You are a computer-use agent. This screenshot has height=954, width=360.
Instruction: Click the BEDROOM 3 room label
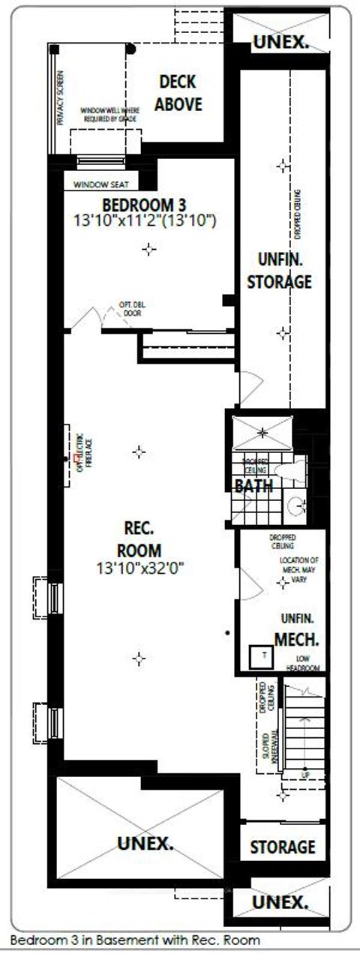[x=144, y=205]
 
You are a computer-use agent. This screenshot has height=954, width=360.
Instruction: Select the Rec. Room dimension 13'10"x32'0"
[x=140, y=569]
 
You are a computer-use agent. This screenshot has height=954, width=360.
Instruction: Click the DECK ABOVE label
[x=178, y=94]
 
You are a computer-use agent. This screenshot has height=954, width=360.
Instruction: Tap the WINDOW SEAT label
[x=102, y=184]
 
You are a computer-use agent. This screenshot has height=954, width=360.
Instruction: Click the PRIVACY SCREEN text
[x=60, y=98]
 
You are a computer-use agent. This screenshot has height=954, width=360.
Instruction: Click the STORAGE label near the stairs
[x=282, y=847]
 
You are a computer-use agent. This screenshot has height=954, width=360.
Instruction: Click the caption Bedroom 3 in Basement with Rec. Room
[x=135, y=940]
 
